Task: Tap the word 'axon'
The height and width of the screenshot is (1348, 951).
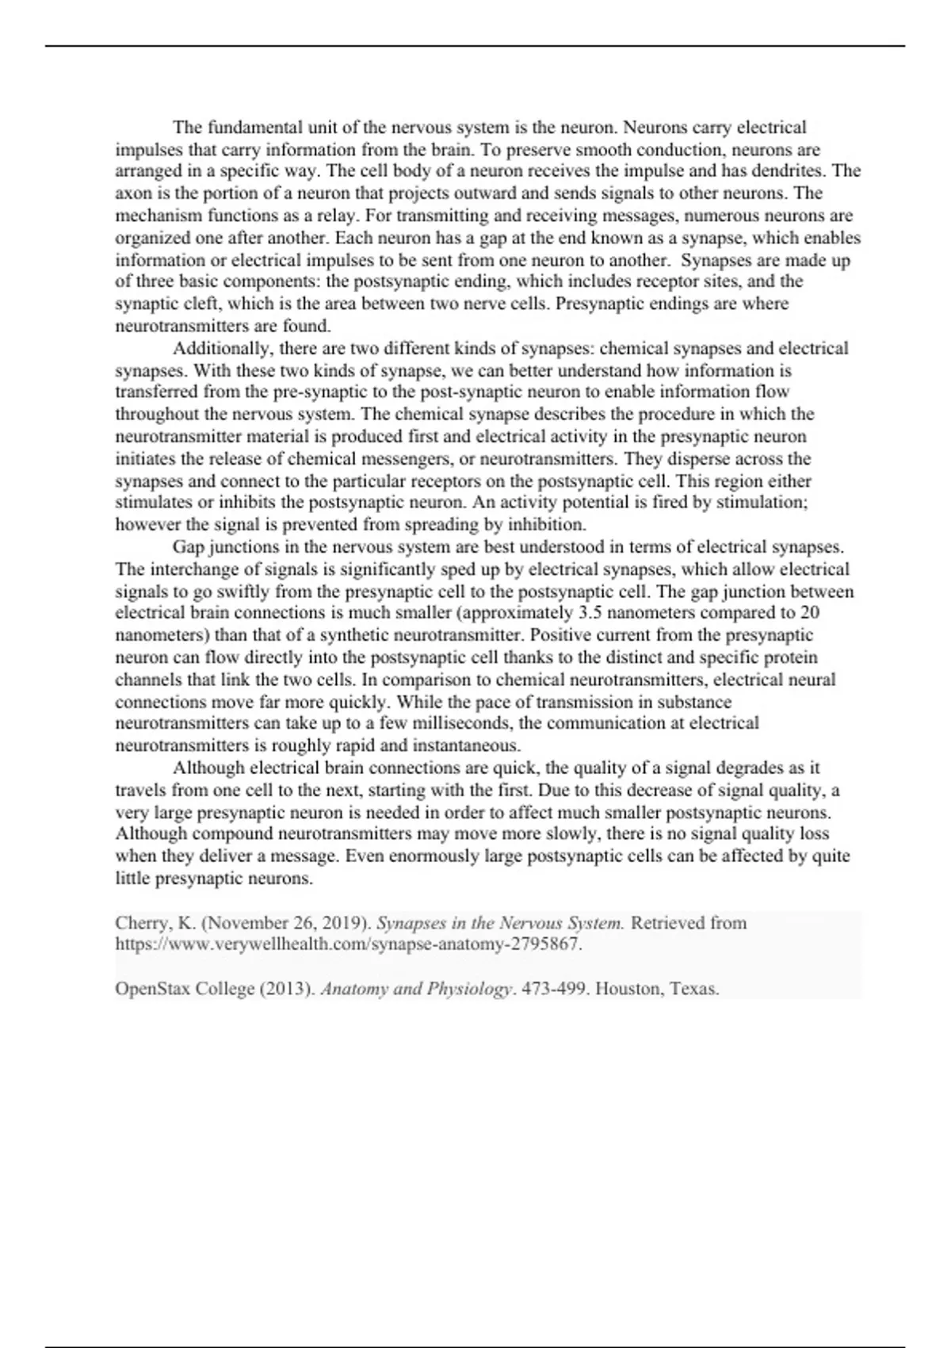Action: point(131,193)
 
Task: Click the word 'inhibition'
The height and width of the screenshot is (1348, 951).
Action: point(545,524)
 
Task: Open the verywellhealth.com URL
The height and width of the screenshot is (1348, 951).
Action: point(349,944)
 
